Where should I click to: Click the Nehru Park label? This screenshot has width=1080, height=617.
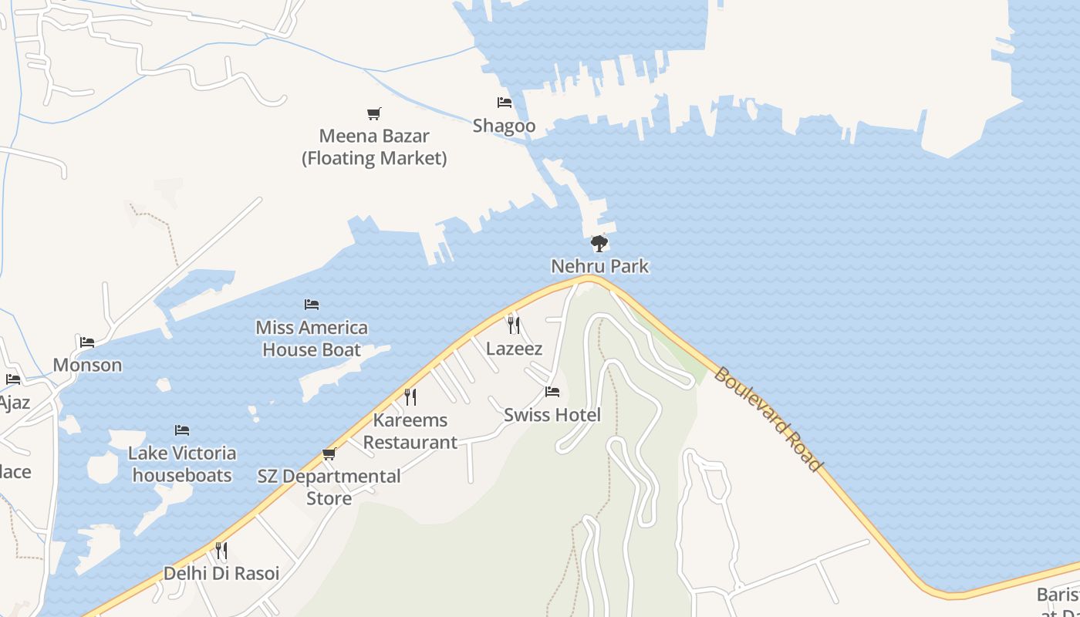pos(599,267)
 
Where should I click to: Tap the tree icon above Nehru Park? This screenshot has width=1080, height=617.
pos(599,244)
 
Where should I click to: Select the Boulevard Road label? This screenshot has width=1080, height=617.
pos(767,419)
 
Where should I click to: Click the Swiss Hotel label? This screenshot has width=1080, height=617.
pos(552,415)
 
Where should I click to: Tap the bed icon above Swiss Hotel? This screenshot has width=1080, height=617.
pos(552,392)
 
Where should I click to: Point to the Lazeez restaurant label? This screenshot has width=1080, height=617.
pos(514,349)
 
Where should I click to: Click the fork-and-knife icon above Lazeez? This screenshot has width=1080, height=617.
pos(514,325)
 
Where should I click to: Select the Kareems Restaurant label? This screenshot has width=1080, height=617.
pos(410,431)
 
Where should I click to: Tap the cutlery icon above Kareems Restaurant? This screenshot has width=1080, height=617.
pos(410,397)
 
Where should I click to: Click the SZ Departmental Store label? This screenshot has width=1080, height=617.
pos(329,487)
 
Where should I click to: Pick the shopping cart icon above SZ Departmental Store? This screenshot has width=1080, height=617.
pos(329,453)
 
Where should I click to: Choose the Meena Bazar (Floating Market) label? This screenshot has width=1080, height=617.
pos(374,147)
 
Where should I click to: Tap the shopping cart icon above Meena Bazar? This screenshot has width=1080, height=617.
pos(374,114)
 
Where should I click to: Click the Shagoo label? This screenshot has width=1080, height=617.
pos(504,126)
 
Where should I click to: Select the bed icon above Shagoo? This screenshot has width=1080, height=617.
pos(505,103)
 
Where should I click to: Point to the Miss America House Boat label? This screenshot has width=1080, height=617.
pos(312,339)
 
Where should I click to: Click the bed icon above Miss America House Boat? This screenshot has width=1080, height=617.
pos(312,305)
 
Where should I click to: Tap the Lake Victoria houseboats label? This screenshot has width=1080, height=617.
pos(182,464)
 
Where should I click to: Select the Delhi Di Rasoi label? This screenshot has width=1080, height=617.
pos(221,574)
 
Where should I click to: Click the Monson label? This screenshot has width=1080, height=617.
pos(87,365)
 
